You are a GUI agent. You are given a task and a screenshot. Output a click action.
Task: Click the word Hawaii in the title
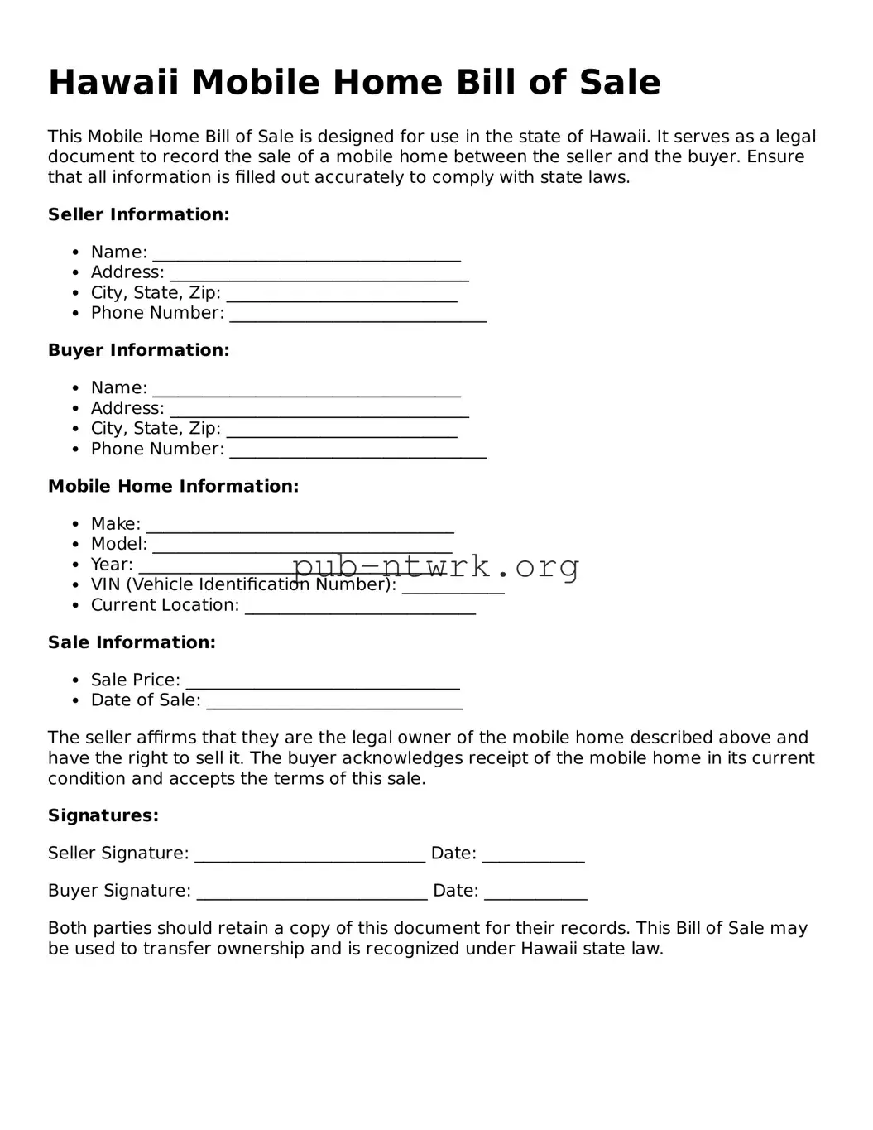(113, 83)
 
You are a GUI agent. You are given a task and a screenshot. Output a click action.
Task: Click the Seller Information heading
(138, 214)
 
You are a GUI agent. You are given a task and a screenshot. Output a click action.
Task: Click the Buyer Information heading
(138, 350)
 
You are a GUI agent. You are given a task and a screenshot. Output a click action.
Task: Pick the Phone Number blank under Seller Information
(357, 315)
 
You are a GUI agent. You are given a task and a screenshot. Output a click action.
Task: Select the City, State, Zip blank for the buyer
(341, 430)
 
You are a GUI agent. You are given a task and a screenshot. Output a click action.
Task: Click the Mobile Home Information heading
(173, 486)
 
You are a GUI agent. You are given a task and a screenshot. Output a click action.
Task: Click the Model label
(118, 544)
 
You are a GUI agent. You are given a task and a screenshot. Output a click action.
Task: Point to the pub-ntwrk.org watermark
(436, 566)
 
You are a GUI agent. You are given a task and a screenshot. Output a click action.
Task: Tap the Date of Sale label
(146, 700)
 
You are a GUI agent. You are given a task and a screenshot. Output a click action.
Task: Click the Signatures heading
(103, 815)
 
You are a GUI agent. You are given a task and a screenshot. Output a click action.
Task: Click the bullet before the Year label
(74, 565)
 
